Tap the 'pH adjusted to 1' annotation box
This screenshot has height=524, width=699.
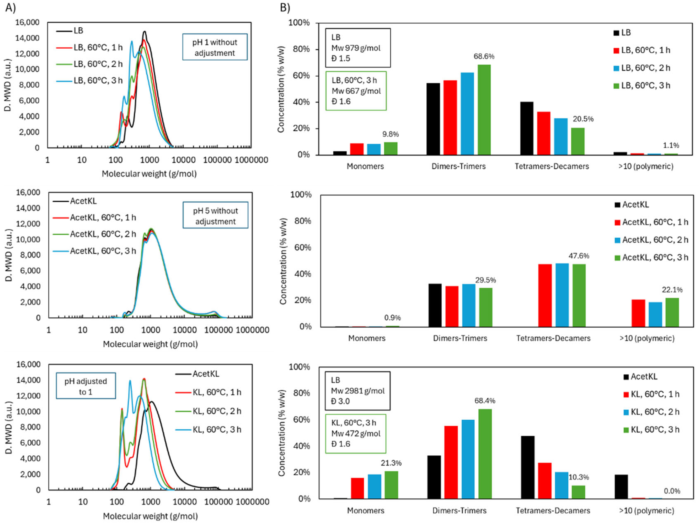tap(86, 386)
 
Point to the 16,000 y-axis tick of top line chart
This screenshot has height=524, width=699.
tap(28, 22)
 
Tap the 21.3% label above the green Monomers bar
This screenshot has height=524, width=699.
tap(391, 463)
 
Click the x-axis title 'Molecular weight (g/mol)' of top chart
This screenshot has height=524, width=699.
tap(149, 174)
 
